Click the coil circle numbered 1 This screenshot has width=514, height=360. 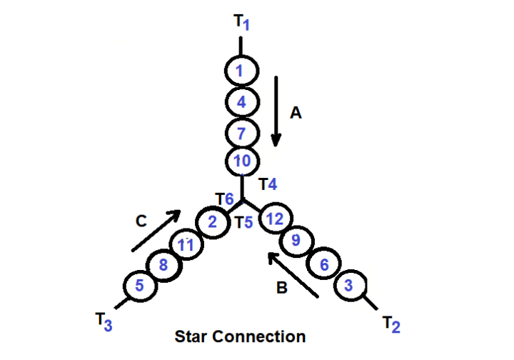[241, 71]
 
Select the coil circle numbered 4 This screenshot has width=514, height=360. [241, 102]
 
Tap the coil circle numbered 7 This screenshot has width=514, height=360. [241, 133]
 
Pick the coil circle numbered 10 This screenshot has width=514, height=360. [241, 161]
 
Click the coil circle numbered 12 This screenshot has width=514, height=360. [275, 219]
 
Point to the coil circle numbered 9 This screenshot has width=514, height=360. [295, 241]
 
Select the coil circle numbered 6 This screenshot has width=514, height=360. [323, 265]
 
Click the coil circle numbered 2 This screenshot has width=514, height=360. [211, 222]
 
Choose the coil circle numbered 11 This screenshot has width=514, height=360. [186, 245]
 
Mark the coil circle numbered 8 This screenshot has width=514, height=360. [163, 266]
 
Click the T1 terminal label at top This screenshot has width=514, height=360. [241, 22]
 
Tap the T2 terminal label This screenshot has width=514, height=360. [390, 325]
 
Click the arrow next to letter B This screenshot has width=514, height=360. [293, 274]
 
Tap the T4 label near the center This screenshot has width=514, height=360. [268, 184]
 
